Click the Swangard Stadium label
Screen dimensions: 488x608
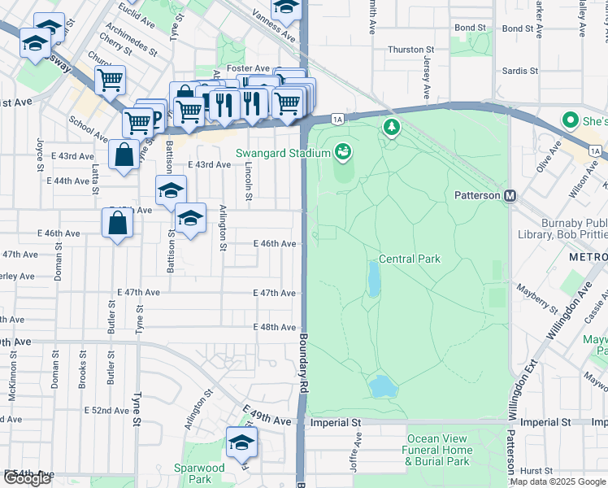click(281, 153)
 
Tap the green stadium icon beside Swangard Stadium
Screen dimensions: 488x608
click(343, 151)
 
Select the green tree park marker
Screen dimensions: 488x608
click(392, 128)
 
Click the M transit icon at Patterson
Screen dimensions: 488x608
click(510, 196)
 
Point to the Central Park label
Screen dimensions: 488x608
click(410, 259)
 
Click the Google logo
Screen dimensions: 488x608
click(27, 478)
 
